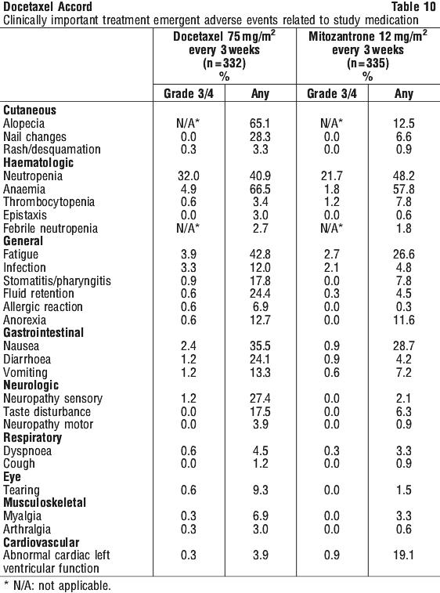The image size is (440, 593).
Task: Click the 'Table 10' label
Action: tap(413, 6)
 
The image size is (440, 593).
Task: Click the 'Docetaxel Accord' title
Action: tap(48, 6)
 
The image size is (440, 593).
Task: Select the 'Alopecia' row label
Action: tap(23, 124)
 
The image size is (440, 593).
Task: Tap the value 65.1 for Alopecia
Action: tap(260, 124)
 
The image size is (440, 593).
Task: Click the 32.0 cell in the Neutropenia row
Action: tap(188, 175)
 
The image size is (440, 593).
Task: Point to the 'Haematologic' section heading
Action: tap(38, 163)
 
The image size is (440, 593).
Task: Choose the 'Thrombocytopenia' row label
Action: tap(49, 202)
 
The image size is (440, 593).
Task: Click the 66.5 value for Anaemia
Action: tap(260, 189)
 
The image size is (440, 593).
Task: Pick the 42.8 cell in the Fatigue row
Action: tap(260, 254)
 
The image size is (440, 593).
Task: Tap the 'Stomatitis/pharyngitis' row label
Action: tap(57, 281)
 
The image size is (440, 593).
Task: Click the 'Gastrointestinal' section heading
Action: tap(44, 333)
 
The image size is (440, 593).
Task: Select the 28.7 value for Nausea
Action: tap(404, 346)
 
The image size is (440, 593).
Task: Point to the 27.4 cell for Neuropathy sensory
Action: tap(260, 398)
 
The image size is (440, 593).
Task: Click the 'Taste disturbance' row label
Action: tap(47, 411)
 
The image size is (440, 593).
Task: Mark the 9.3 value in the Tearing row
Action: tap(260, 490)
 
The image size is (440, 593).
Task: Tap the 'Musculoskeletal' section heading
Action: tap(45, 503)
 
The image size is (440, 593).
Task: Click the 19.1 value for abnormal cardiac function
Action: tap(404, 555)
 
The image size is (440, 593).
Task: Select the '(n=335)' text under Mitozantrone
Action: tap(368, 63)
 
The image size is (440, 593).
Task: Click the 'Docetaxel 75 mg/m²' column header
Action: tap(224, 36)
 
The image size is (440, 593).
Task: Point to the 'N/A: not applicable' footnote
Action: tap(56, 586)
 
